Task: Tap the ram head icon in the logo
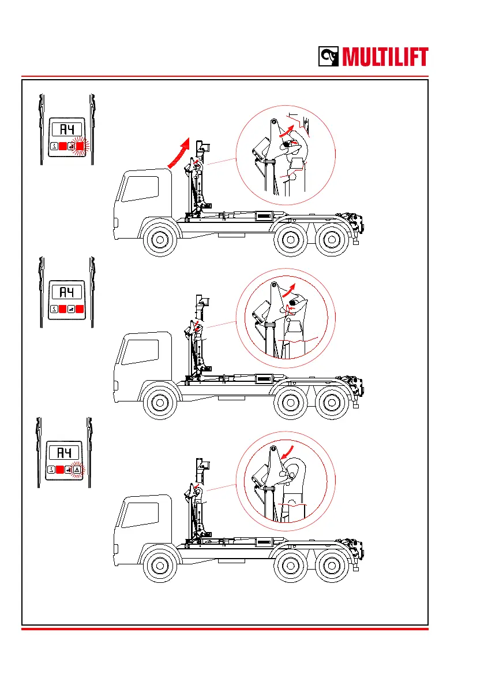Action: [329, 57]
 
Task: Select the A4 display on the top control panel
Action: [66, 129]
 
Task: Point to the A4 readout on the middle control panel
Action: [66, 292]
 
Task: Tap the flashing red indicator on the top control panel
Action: [80, 146]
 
